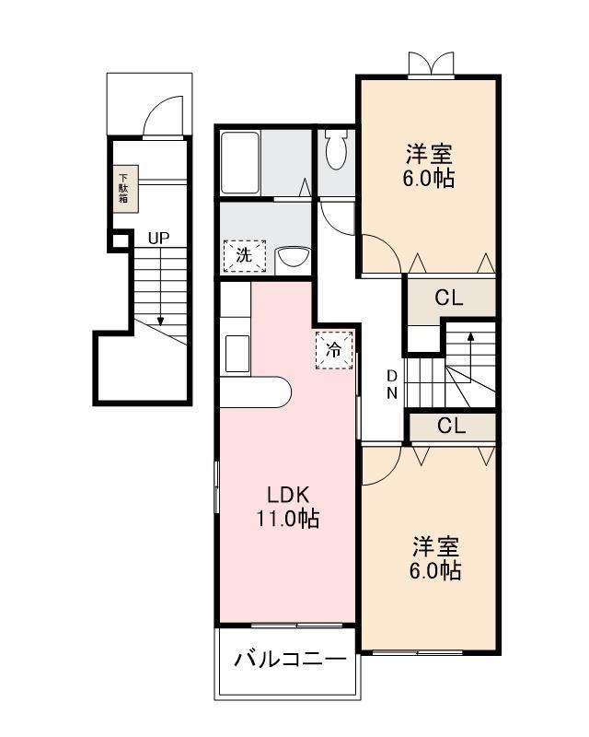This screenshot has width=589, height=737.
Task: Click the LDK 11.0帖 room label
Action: point(287,507)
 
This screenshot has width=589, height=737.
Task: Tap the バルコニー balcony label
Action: point(289,660)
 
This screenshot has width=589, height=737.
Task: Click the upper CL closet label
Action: point(449,298)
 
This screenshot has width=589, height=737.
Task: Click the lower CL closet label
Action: point(451,427)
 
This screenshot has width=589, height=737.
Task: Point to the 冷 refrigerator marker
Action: point(335,350)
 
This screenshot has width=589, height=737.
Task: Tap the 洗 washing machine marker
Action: point(244,255)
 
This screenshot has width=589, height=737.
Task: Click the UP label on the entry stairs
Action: point(158,238)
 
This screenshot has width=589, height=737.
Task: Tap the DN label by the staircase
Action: point(391,384)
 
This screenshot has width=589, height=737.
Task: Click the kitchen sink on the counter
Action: point(236,354)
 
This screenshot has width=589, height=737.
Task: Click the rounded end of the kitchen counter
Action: point(280,392)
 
